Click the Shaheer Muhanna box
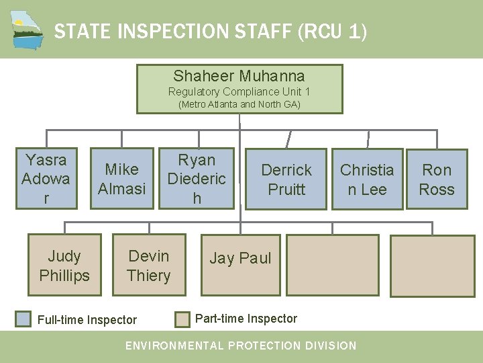tap(239, 88)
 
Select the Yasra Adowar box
tap(46, 179)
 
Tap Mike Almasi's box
tap(121, 179)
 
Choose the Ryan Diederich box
tap(197, 179)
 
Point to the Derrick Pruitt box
tap(286, 179)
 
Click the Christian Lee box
tap(367, 179)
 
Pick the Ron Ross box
tap(437, 179)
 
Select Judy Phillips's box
tap(64, 265)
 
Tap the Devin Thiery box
tap(148, 265)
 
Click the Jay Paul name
tap(240, 258)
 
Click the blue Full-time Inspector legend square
tap(23, 319)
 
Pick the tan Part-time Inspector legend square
tap(182, 319)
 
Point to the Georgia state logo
tap(28, 30)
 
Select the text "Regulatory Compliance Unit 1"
tap(239, 91)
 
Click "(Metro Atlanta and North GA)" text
tap(239, 104)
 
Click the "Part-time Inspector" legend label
tap(246, 319)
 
